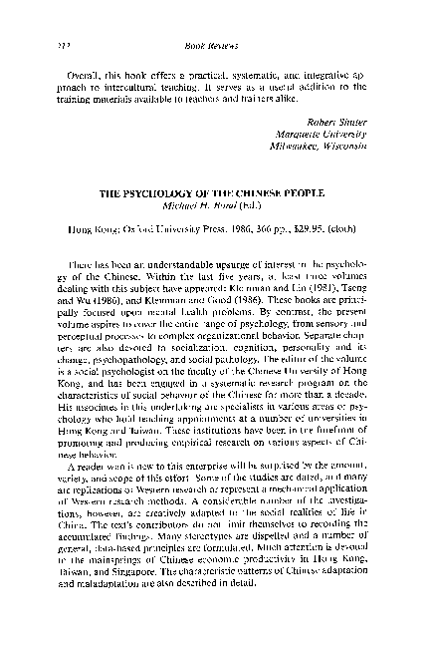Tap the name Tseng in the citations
349,307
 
